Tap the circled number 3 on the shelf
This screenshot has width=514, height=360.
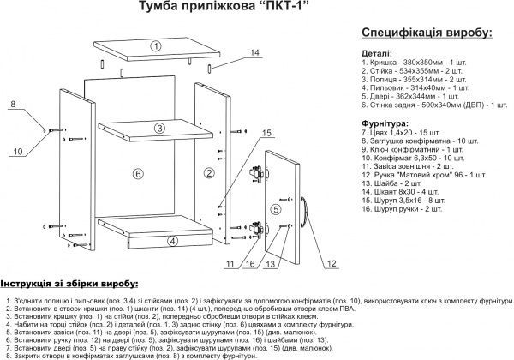click(159, 129)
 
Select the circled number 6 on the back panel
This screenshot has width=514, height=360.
click(136, 174)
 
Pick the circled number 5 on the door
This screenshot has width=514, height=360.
click(276, 208)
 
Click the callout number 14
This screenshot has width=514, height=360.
click(254, 53)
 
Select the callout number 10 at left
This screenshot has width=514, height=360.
click(16, 151)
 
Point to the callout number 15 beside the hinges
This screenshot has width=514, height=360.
click(266, 133)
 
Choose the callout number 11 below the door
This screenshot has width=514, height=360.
click(230, 263)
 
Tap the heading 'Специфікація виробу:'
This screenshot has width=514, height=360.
click(427, 33)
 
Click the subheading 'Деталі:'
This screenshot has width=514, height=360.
click(380, 52)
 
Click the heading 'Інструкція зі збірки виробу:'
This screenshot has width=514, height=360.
click(69, 284)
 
